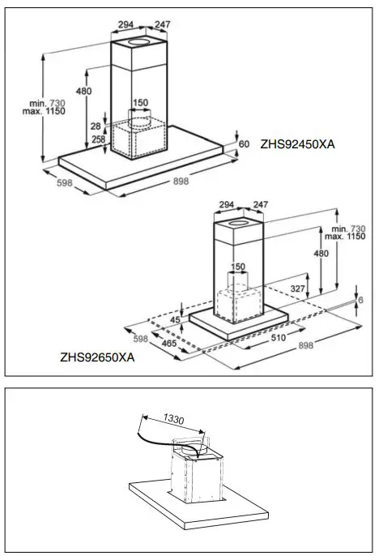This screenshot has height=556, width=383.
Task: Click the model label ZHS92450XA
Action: click(x=297, y=144)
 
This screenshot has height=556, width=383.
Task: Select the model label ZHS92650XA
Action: click(x=96, y=356)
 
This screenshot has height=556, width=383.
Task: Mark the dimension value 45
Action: click(x=176, y=319)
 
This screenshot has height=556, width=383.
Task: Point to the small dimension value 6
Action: click(x=362, y=300)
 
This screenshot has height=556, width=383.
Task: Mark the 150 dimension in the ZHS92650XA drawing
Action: click(x=238, y=267)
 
